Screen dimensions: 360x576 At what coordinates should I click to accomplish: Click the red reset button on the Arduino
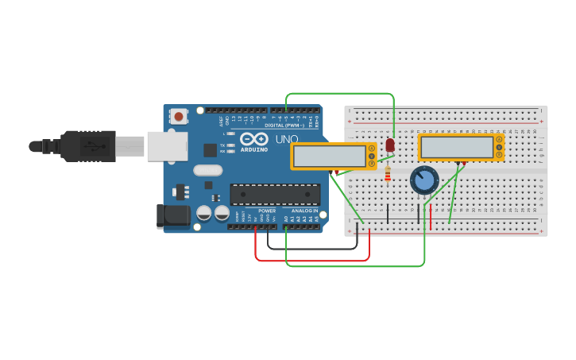coord(179,117)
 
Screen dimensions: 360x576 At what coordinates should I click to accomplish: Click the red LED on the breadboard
coord(389,145)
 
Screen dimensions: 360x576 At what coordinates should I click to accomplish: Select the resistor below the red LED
coord(388,174)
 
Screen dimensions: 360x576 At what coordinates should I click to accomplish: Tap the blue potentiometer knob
coord(424,180)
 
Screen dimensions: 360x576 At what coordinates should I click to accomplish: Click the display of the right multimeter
coord(457,147)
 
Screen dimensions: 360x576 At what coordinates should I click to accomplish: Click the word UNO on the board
coord(286,139)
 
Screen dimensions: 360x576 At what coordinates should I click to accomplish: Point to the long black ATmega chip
coord(275,195)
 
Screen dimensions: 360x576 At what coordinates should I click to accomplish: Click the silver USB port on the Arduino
coord(168,146)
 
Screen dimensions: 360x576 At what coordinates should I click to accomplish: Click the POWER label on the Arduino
coord(267,211)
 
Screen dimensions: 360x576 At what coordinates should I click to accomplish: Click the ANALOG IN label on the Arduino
coord(304,211)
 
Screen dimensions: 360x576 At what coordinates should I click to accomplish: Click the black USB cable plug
coord(87,146)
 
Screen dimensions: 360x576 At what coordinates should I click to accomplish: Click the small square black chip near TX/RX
coord(210,149)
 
